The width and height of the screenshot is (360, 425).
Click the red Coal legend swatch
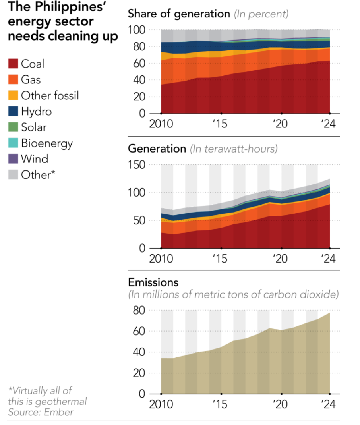pos(13,64)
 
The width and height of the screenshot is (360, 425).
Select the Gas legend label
pos(31,79)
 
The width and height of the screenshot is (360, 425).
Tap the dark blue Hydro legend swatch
pos(13,111)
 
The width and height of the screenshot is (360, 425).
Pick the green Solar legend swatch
pos(13,127)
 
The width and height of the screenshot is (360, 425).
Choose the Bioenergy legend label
pos(46,143)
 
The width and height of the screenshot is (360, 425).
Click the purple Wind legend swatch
pos(13,159)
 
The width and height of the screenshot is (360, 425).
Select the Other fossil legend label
pos(50,95)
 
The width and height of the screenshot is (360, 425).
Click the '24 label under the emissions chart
pos(328,404)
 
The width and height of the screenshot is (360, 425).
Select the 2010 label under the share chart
pos(161,124)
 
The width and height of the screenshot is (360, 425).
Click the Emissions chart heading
pos(153,282)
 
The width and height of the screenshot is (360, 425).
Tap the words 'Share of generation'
pos(179,14)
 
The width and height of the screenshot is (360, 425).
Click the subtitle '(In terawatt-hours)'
pos(233,149)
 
